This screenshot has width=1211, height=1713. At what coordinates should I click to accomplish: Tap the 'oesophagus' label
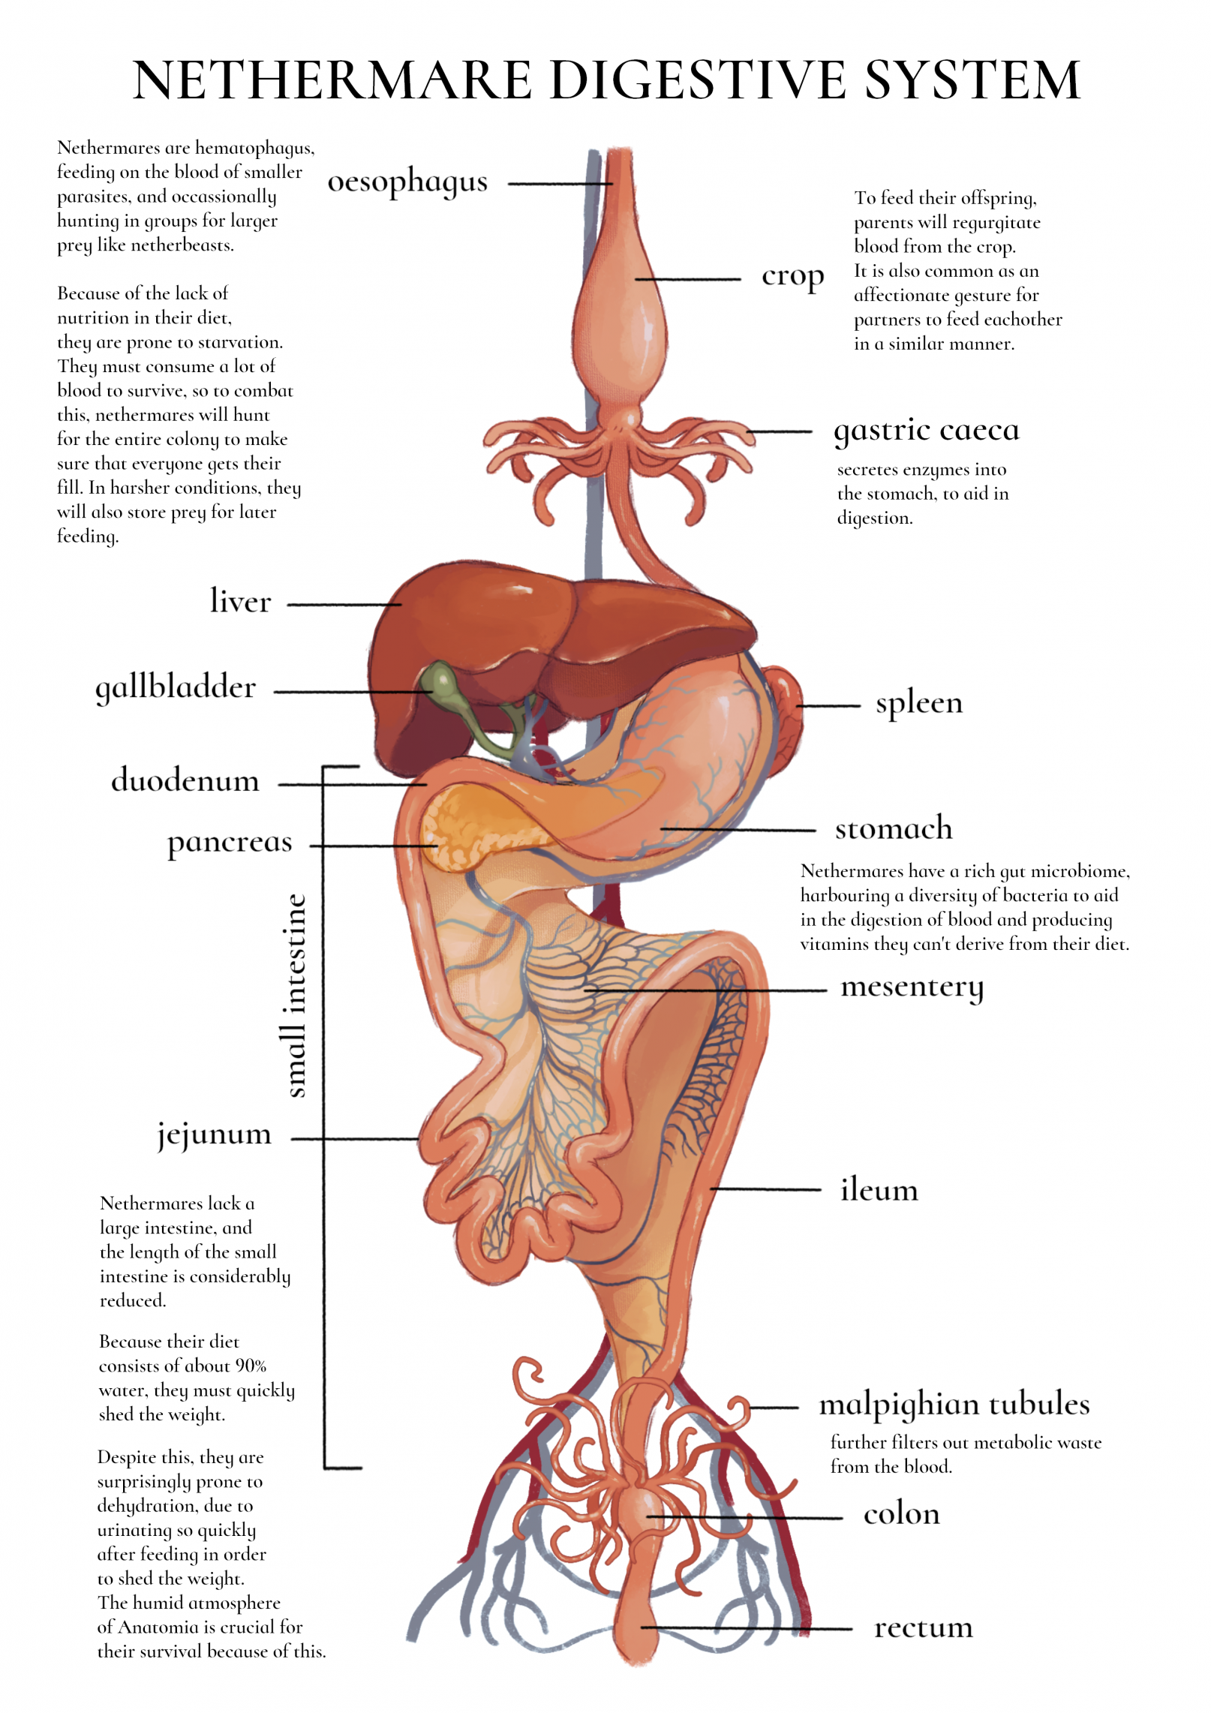pyautogui.click(x=407, y=182)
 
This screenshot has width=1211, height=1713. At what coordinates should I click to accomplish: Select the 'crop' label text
pyautogui.click(x=792, y=278)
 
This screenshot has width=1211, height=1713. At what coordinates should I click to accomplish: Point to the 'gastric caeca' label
pyautogui.click(x=927, y=431)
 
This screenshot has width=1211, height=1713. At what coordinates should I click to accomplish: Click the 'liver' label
pyautogui.click(x=240, y=602)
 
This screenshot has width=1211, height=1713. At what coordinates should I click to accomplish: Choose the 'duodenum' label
pyautogui.click(x=185, y=781)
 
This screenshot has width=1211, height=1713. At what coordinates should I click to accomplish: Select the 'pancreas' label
pyautogui.click(x=230, y=843)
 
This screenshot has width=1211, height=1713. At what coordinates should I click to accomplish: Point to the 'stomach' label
pyautogui.click(x=894, y=829)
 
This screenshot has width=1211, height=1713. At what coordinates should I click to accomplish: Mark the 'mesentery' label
pyautogui.click(x=912, y=987)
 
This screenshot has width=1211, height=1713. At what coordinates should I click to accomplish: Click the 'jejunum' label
pyautogui.click(x=214, y=1134)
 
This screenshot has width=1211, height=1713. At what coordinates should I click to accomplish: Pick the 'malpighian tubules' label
pyautogui.click(x=954, y=1405)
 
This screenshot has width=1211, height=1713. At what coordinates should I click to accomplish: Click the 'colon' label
pyautogui.click(x=901, y=1515)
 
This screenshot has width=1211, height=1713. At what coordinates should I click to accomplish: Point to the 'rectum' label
pyautogui.click(x=923, y=1628)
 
